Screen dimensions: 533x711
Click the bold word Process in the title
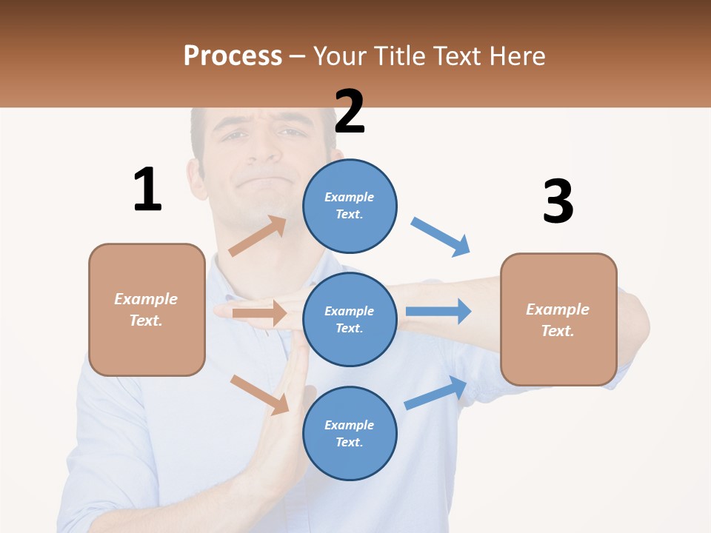[x=233, y=56]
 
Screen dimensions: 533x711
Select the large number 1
[x=147, y=190]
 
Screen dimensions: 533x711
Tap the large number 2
[x=350, y=112]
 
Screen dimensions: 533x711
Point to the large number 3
[x=558, y=202]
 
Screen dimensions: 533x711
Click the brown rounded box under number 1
[x=147, y=309]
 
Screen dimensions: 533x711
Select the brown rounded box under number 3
[x=558, y=320]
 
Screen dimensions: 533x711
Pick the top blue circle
[x=350, y=206]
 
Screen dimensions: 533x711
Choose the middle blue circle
[x=350, y=319]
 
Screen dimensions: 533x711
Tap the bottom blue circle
[x=350, y=433]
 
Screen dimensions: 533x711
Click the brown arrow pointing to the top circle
[x=258, y=236]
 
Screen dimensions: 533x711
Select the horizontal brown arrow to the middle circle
[x=259, y=313]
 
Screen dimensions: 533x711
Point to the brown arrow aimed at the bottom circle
[x=260, y=395]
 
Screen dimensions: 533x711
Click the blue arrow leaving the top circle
[x=441, y=237]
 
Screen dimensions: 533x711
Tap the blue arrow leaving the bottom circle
[x=436, y=392]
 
